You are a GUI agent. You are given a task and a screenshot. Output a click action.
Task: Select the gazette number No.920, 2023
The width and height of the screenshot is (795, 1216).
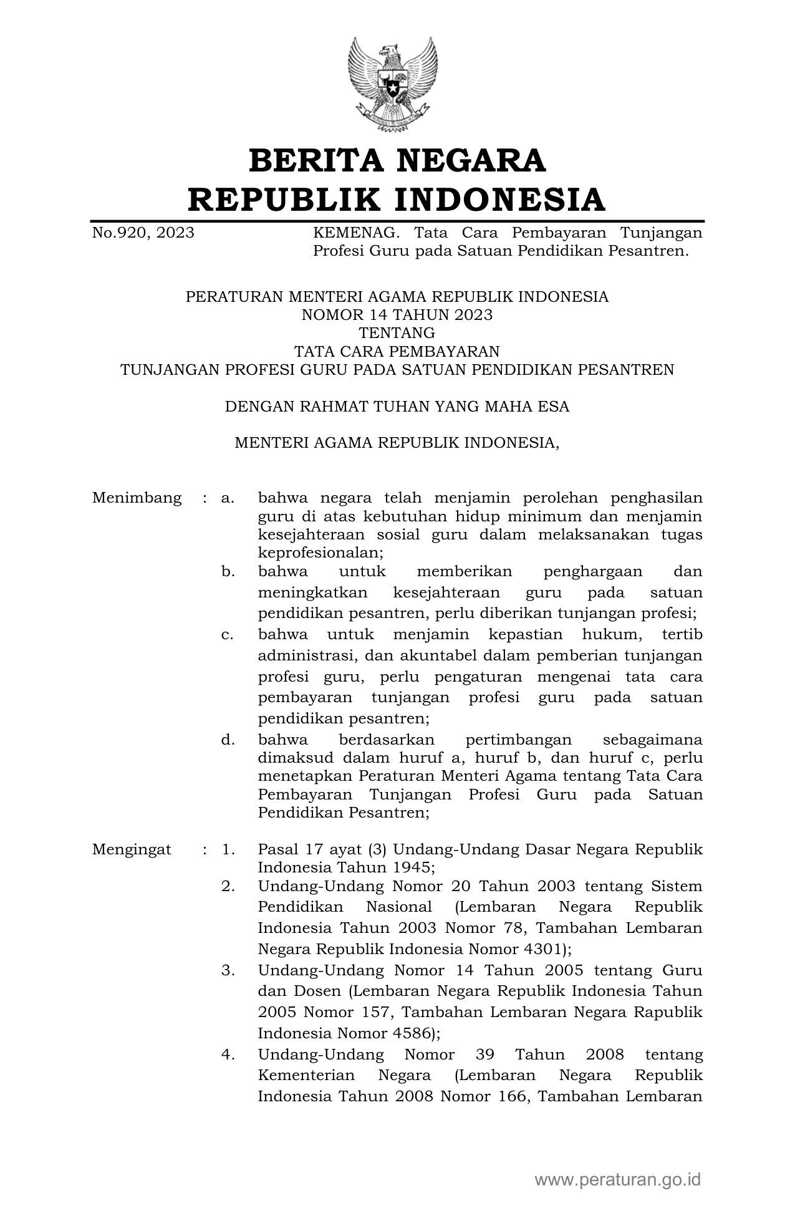pos(143,233)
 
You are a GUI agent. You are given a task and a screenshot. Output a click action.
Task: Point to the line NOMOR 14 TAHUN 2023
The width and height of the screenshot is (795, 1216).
pos(397,315)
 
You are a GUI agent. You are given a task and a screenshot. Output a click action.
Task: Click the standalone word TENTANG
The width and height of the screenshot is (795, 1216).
pos(397,333)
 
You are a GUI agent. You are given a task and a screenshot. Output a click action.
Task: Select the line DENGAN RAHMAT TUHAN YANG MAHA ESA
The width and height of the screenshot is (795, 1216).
pos(397,407)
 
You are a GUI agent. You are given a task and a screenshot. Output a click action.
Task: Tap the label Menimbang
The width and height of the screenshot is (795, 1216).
pos(137,498)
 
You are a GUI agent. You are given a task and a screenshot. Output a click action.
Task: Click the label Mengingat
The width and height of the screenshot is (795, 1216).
pos(132,849)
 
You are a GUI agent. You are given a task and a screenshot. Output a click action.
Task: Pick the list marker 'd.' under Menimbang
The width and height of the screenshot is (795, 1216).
pos(228,740)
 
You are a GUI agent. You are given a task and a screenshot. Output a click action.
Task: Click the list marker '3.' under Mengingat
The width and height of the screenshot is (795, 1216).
pos(228,971)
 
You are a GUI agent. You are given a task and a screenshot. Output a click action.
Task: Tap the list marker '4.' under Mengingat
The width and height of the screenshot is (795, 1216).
pos(228,1055)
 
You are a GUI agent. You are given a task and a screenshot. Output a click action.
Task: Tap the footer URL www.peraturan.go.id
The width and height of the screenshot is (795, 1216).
pos(618,1180)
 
